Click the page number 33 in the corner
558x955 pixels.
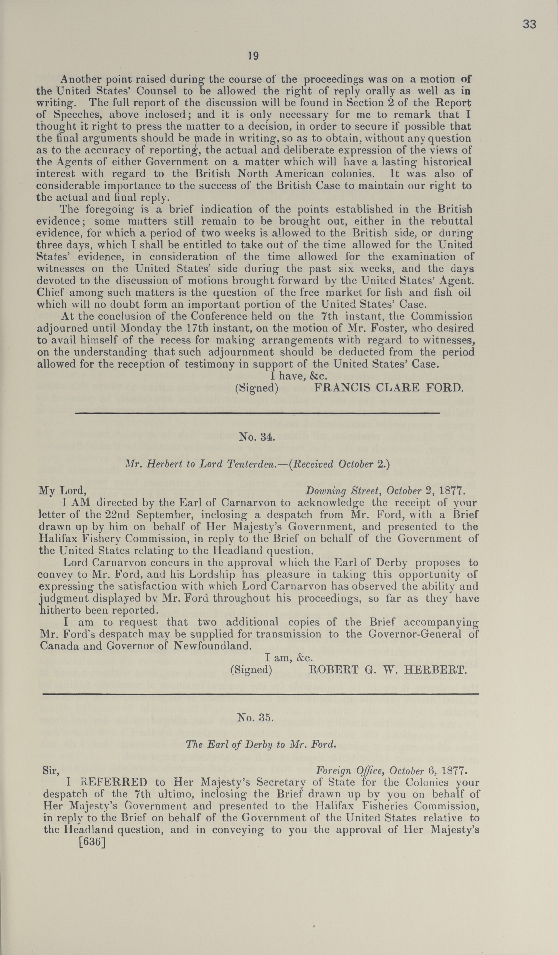[529, 24]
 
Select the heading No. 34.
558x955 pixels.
[257, 437]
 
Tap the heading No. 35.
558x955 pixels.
[255, 717]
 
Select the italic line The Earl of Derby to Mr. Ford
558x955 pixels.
[261, 744]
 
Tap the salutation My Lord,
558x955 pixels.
[63, 491]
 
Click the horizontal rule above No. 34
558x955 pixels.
[257, 413]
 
